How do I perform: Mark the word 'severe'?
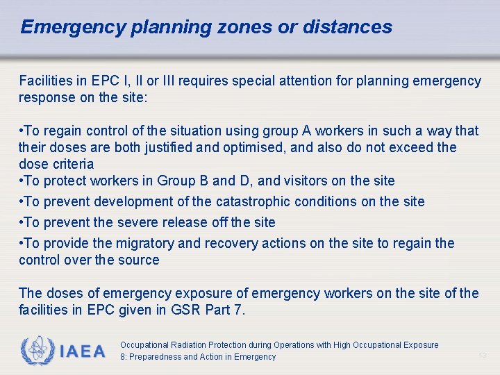[142, 222]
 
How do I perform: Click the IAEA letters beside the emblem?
[82, 351]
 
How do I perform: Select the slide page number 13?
[483, 356]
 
